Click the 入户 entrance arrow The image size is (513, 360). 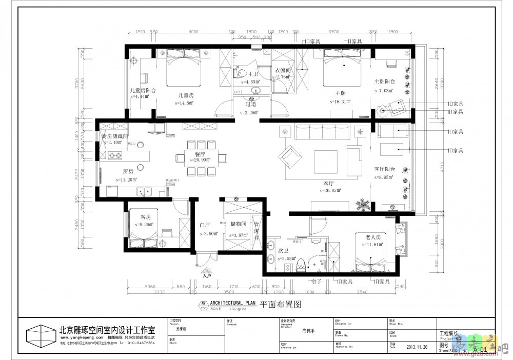[x=206, y=271]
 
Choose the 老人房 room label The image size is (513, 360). [x=373, y=237]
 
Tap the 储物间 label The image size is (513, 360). [x=239, y=224]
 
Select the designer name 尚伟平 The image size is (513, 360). [x=308, y=331]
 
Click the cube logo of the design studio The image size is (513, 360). [x=40, y=336]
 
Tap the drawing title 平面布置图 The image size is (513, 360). [x=280, y=304]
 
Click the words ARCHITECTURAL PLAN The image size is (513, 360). [x=232, y=303]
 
